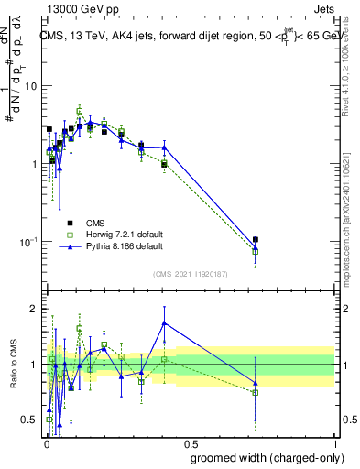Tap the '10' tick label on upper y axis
(x=30, y=86)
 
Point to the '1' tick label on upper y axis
(x=34, y=164)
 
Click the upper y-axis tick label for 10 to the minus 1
(x=28, y=242)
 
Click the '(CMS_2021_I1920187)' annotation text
(x=190, y=273)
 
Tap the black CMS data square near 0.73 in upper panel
(x=256, y=240)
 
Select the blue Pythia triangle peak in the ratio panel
(x=164, y=322)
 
